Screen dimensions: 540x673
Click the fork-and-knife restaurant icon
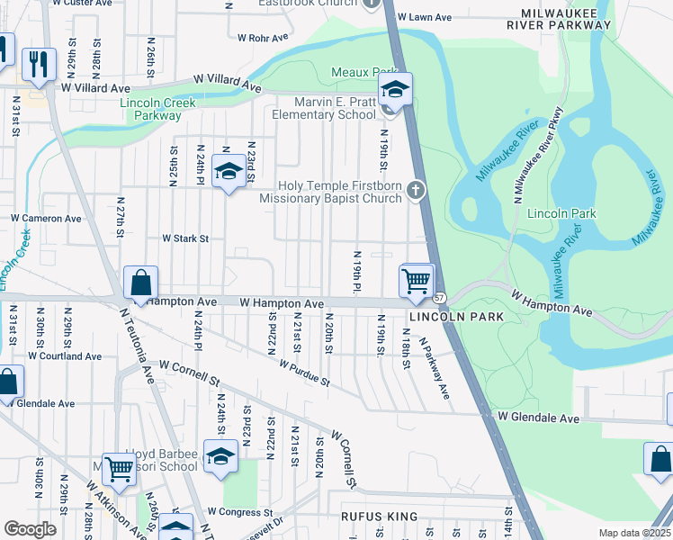click(x=38, y=62)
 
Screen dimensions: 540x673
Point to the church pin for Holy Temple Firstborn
click(x=415, y=189)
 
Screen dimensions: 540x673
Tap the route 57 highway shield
click(x=439, y=298)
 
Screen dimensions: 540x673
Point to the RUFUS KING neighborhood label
click(x=379, y=517)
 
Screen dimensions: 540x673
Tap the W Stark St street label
click(x=184, y=238)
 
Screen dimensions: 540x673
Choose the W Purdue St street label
click(x=304, y=373)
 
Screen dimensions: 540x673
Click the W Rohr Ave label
click(x=263, y=38)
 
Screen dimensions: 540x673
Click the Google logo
click(x=30, y=529)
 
